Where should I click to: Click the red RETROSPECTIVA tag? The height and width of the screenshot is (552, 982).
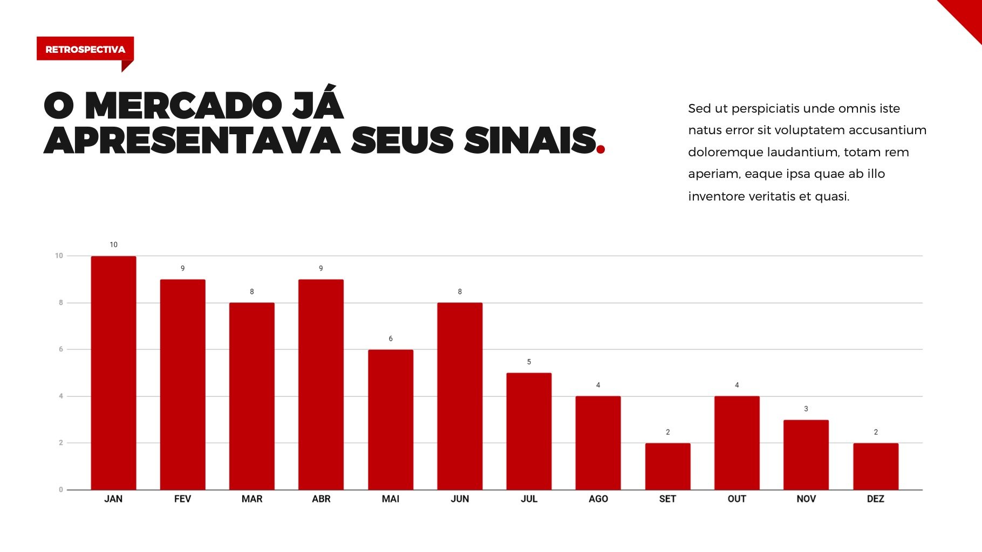85,49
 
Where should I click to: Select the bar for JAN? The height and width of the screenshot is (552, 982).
113,373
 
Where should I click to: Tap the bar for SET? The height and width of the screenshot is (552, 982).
667,466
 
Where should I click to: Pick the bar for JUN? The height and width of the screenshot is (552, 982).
460,396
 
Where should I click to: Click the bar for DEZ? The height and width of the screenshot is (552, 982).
876,466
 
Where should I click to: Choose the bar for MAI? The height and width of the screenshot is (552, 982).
391,419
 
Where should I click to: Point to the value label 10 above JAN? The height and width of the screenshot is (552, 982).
113,245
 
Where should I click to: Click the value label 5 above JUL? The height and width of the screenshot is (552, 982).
529,362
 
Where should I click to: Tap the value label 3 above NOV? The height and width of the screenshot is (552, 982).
806,409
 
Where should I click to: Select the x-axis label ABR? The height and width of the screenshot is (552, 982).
321,499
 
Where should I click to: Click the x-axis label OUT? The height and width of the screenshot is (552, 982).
736,499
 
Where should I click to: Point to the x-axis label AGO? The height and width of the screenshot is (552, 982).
598,499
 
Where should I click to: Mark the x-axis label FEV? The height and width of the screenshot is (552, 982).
182,499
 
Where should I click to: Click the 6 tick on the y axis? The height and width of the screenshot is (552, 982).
61,349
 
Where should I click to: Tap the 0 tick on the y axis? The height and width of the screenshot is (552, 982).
61,489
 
